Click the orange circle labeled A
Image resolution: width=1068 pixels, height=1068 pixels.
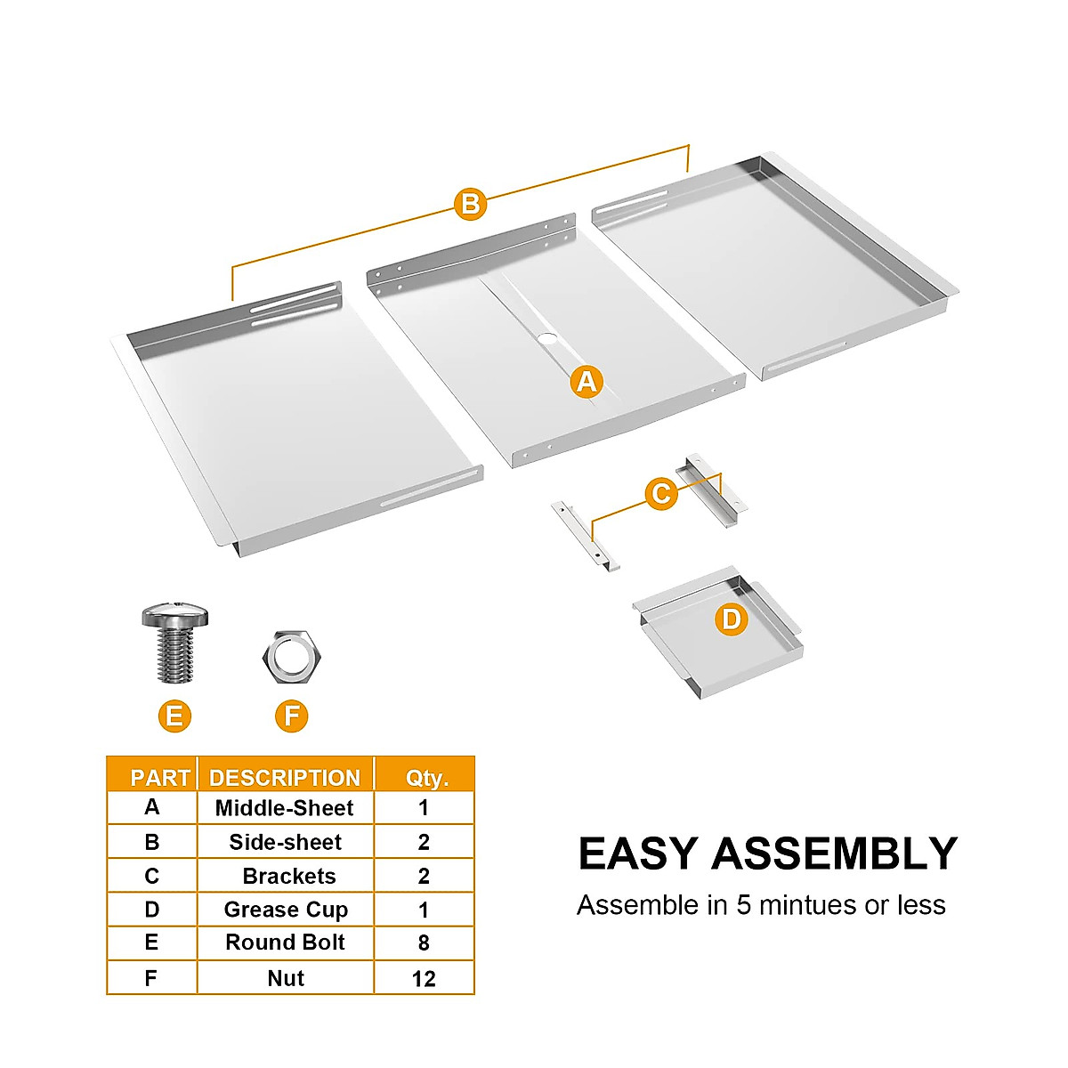586,382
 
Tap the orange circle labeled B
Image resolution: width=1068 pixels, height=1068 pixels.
470,204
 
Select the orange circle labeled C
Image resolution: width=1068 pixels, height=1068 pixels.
661,493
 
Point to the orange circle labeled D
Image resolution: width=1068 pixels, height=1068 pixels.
731,619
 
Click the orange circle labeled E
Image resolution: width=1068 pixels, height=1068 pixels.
174,716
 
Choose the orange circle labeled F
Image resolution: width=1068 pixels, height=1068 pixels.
292,716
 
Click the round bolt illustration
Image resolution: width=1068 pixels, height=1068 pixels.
174,641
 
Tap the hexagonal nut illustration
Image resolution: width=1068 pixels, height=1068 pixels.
292,657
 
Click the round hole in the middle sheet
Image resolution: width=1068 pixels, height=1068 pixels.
546,339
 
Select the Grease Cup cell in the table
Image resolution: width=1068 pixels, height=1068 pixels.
286,910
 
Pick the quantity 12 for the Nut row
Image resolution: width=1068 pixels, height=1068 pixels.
424,978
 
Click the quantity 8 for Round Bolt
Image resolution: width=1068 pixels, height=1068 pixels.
424,943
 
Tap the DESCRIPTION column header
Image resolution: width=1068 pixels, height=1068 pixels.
285,777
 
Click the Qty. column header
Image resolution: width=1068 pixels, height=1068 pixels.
426,777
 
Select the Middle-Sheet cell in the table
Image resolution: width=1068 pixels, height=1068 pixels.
285,808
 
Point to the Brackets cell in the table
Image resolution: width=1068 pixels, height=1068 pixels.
288,876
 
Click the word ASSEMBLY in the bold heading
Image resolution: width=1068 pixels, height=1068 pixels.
834,854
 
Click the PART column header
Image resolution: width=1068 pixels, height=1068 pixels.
160,777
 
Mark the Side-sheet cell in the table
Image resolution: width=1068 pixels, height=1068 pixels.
285,842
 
